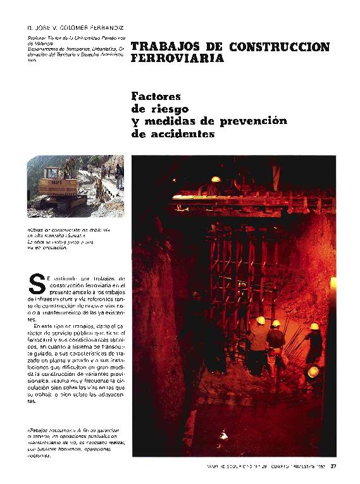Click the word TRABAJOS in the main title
(159, 47)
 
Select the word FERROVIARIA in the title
(178, 59)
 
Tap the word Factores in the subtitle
(156, 97)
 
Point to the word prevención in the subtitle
(239, 121)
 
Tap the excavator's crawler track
(60, 202)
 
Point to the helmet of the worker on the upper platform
(216, 180)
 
